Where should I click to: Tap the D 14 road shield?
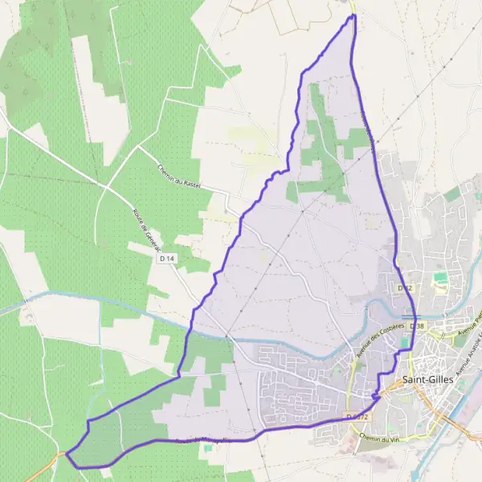tap(167, 259)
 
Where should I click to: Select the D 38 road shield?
tap(416, 326)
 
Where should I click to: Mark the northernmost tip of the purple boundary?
tap(353, 15)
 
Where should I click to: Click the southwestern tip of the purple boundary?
tap(67, 456)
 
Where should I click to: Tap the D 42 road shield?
tap(405, 287)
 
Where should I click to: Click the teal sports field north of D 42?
tap(439, 277)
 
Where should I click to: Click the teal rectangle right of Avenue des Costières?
tap(404, 343)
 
